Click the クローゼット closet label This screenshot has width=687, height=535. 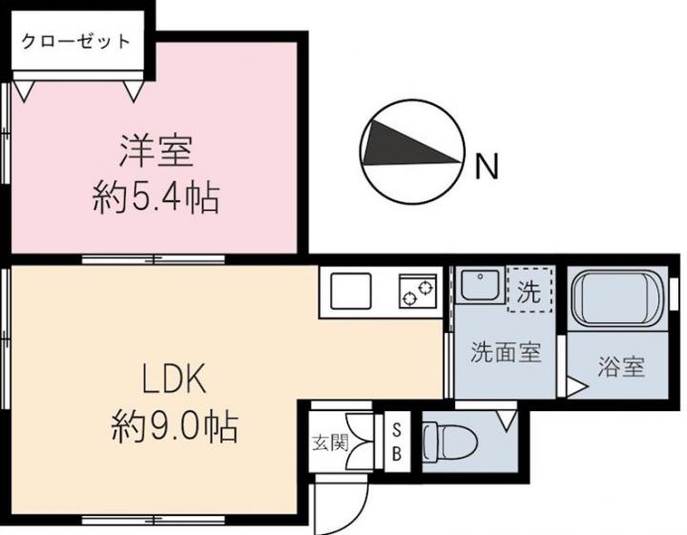click(75, 42)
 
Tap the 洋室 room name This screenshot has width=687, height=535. click(156, 152)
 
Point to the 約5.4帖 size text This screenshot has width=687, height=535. click(156, 198)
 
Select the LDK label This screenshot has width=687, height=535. click(174, 380)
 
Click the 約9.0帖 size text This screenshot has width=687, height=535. click(175, 426)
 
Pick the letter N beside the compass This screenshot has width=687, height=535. click(488, 166)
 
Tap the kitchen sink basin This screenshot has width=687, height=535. click(351, 291)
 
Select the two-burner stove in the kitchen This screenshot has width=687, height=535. click(418, 291)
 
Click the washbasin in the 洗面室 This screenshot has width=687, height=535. click(479, 285)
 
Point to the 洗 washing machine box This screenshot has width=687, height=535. click(530, 290)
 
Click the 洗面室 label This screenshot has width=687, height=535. click(506, 352)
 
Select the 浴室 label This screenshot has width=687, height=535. click(621, 367)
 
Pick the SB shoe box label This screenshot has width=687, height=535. click(397, 442)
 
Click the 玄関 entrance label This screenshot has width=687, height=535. click(330, 443)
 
